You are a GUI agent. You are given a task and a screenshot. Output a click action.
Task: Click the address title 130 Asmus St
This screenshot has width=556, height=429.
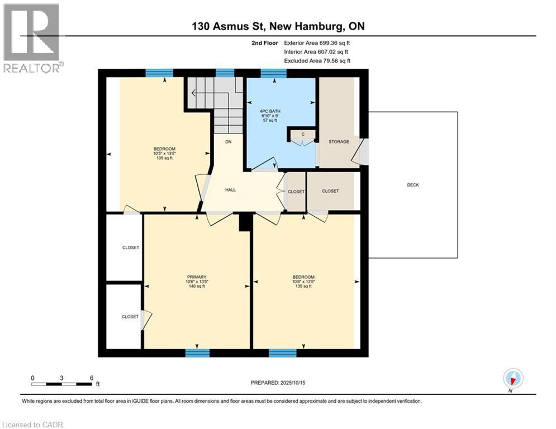click(278, 26)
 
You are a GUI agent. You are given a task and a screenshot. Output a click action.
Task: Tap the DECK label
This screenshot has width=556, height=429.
click(412, 185)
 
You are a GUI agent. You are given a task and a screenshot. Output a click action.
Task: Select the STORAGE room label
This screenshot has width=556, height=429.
click(339, 142)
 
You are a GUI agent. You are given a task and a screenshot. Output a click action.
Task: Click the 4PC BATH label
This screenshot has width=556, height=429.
click(270, 111)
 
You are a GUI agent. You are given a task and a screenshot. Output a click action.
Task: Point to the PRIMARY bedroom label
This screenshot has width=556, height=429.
click(197, 277)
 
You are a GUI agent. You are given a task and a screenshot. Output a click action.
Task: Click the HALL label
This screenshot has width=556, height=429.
click(230, 190)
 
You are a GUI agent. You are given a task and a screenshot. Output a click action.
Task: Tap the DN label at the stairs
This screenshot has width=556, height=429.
click(229, 142)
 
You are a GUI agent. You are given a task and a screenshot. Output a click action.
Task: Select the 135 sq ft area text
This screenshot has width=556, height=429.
click(303, 287)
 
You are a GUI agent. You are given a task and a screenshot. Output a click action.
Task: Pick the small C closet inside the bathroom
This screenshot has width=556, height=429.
click(302, 134)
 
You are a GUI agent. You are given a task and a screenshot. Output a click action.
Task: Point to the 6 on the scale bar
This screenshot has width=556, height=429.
click(91, 378)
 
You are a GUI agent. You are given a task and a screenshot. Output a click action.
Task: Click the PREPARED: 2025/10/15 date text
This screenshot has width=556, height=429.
click(278, 383)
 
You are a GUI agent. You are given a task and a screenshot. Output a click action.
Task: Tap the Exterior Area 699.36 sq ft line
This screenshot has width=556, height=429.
click(317, 42)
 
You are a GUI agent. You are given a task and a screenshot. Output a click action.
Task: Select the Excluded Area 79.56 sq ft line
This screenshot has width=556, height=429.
click(317, 60)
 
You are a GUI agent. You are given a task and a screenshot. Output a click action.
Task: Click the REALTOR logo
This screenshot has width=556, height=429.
click(31, 38)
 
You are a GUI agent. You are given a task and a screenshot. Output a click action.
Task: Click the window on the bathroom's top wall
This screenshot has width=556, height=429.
click(274, 73)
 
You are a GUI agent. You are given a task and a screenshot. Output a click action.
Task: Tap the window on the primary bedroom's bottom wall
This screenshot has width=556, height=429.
click(197, 352)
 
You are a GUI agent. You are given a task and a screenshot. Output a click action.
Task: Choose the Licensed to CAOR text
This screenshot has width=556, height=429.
click(33, 425)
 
